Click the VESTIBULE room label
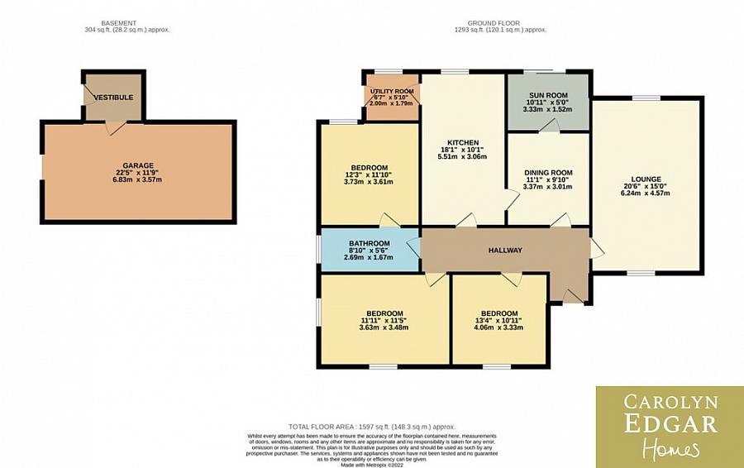(x=113, y=98)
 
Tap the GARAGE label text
(x=138, y=165)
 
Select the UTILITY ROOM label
(x=392, y=91)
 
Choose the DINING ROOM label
(x=547, y=173)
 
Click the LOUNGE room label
(x=646, y=179)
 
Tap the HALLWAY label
(x=505, y=251)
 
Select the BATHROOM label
(x=369, y=243)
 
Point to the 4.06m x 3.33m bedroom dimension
(x=499, y=327)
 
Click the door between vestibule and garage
(x=114, y=127)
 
